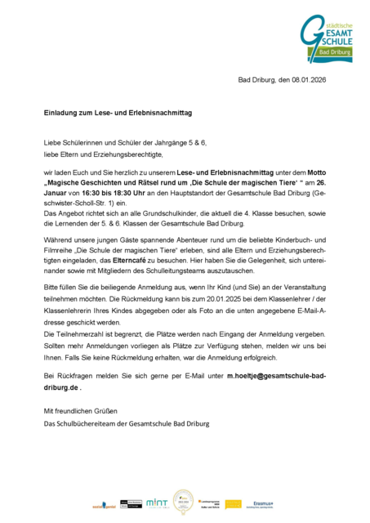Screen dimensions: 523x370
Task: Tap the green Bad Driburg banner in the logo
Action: click(333, 51)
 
